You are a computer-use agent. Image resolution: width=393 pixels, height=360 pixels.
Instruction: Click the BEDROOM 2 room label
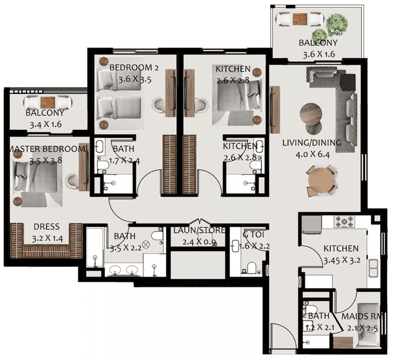(134, 68)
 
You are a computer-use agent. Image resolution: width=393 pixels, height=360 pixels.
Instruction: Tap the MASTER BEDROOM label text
(47, 149)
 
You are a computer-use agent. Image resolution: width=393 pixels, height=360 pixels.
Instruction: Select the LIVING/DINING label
(311, 143)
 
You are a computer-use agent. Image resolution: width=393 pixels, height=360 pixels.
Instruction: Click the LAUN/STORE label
(200, 231)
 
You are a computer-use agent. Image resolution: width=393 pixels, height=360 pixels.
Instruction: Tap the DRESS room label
(46, 227)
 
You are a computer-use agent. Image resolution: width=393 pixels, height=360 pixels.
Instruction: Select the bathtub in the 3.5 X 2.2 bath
(95, 252)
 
